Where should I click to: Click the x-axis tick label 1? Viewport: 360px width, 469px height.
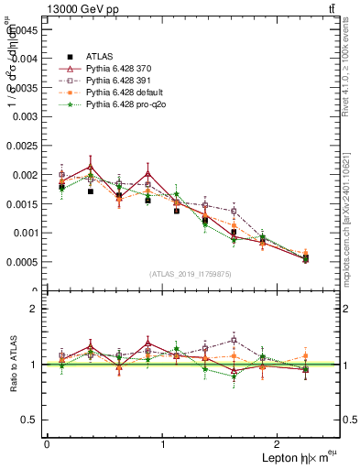tap(163, 444)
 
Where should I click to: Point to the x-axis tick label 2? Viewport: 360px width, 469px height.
tap(280, 444)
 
